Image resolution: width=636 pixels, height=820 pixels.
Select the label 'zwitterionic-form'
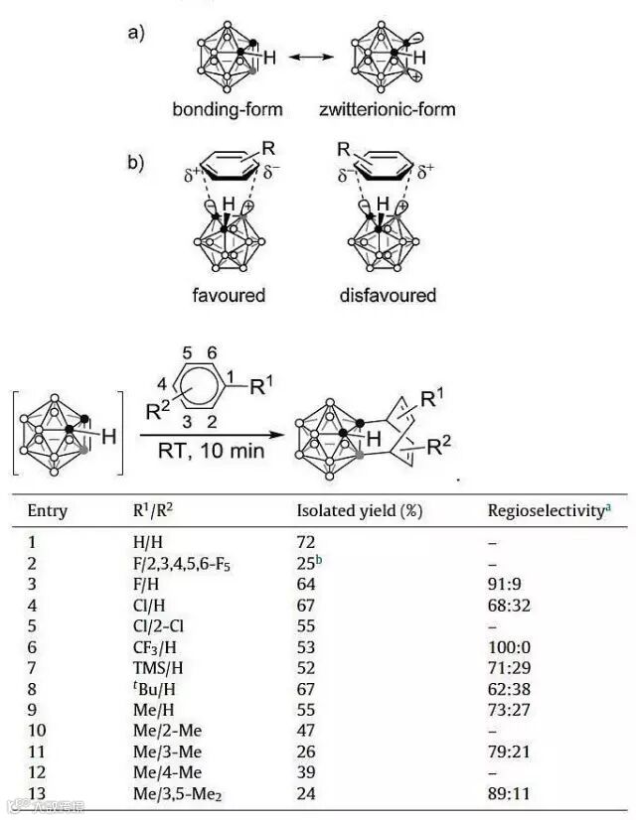click(388, 108)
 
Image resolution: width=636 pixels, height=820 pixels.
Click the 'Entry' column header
click(48, 511)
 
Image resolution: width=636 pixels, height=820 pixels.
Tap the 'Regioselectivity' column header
click(546, 511)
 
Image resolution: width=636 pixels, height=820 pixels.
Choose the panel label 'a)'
click(137, 34)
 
